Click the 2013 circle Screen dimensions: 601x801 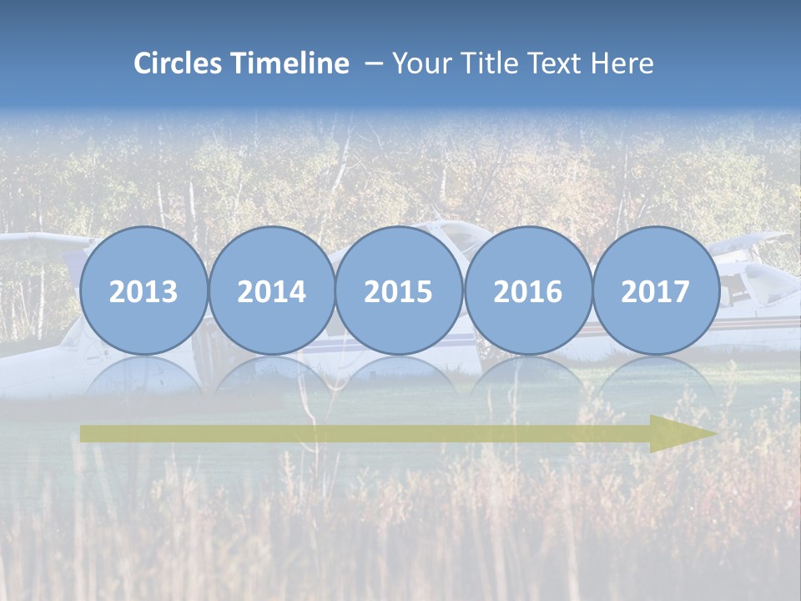tap(144, 290)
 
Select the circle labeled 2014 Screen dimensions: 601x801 tap(271, 290)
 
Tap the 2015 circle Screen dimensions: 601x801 tap(399, 290)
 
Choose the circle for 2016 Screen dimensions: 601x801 tap(527, 290)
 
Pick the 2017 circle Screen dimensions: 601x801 tap(656, 290)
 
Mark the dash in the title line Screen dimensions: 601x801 tap(372, 63)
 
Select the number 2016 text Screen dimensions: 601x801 tap(527, 292)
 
